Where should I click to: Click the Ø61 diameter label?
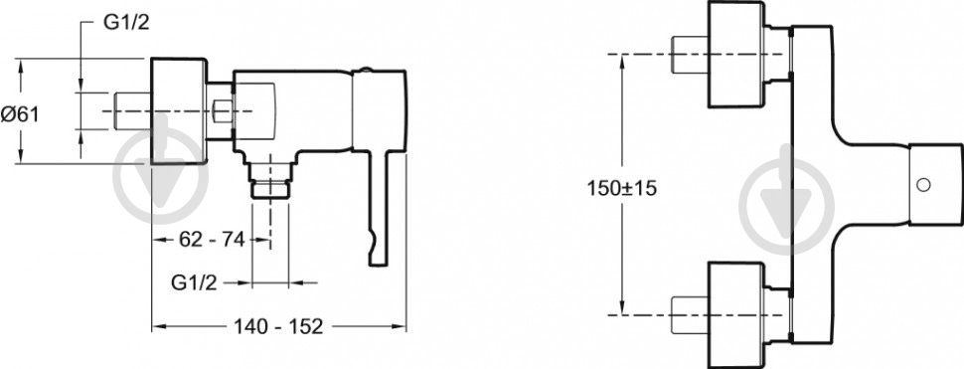(19, 113)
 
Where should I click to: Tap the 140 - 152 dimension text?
(278, 326)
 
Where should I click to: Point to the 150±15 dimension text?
(622, 188)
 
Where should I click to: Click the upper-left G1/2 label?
(125, 23)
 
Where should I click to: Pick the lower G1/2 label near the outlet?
(194, 282)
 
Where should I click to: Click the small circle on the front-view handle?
(923, 184)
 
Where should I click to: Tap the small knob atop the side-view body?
(367, 70)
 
